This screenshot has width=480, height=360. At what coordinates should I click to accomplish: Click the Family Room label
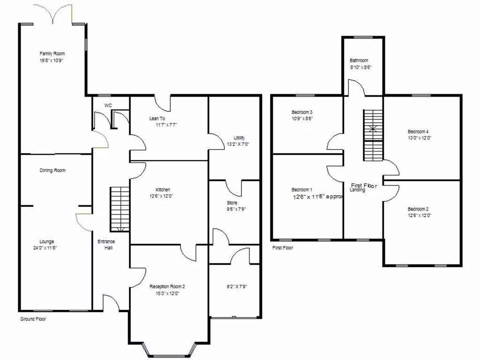pos(52,54)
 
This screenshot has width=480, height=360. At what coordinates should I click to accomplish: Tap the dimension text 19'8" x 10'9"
pos(52,60)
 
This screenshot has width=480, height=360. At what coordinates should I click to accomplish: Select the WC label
pos(108,105)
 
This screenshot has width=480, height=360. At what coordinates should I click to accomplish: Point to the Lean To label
pos(157,119)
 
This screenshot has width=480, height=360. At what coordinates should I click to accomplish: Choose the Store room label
pos(232,203)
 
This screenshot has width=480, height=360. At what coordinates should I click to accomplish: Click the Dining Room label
pos(52,171)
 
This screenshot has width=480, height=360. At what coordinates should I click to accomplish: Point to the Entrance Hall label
pos(106,245)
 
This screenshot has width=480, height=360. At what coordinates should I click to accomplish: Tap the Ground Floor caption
pos(33,319)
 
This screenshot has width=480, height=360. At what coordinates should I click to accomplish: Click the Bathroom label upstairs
pos(359,60)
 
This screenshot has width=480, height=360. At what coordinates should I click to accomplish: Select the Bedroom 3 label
pos(302,112)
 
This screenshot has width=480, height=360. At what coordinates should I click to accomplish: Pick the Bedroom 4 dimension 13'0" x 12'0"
pos(419,138)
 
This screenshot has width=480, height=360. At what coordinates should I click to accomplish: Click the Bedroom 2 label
pos(418,209)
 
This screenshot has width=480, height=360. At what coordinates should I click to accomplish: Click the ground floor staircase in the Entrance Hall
pos(119,209)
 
